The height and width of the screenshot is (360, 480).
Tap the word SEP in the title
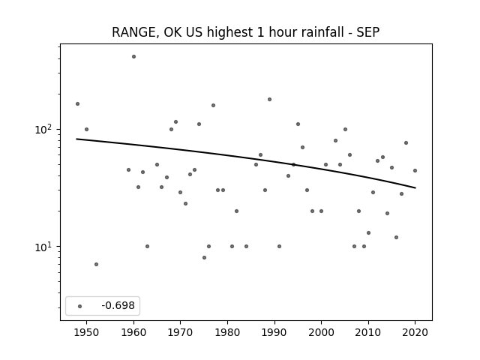pyautogui.click(x=368, y=32)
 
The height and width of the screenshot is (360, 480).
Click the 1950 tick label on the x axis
pyautogui.click(x=87, y=332)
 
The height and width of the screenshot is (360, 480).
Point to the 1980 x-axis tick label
pyautogui.click(x=227, y=332)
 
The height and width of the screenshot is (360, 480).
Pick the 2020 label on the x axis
pyautogui.click(x=415, y=332)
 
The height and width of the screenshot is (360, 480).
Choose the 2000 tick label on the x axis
pyautogui.click(x=321, y=332)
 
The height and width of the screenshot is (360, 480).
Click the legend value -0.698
pyautogui.click(x=118, y=305)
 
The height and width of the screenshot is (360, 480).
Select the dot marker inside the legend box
pyautogui.click(x=80, y=306)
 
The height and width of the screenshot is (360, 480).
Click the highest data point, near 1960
pyautogui.click(x=133, y=57)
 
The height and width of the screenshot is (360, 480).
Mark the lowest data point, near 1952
pyautogui.click(x=97, y=264)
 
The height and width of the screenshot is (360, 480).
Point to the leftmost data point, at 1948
pyautogui.click(x=77, y=103)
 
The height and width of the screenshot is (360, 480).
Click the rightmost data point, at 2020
pyautogui.click(x=415, y=170)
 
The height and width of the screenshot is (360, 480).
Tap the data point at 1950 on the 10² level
pyautogui.click(x=87, y=129)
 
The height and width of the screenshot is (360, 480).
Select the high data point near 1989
pyautogui.click(x=270, y=99)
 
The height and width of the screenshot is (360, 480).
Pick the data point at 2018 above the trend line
pyautogui.click(x=406, y=142)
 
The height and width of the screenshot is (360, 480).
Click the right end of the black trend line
pyautogui.click(x=415, y=187)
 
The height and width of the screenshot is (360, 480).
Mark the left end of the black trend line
pyautogui.click(x=76, y=139)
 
